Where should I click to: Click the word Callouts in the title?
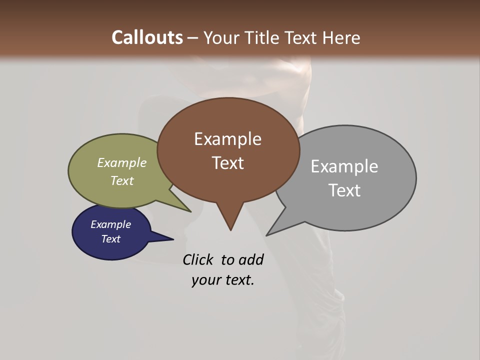click(147, 37)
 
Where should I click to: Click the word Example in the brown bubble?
click(227, 139)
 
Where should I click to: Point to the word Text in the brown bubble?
click(228, 163)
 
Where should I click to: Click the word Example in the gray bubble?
click(344, 166)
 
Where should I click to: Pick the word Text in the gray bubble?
click(345, 190)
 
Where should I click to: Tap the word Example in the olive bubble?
click(122, 162)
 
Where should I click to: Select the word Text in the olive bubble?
click(122, 180)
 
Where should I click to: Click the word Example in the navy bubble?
click(110, 224)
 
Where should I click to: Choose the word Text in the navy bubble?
click(111, 239)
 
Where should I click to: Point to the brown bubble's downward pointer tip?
click(230, 229)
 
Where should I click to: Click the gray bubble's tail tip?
click(267, 234)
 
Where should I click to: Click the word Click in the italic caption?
click(198, 259)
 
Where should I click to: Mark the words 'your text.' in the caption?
click(223, 280)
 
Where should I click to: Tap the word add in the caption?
click(251, 259)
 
